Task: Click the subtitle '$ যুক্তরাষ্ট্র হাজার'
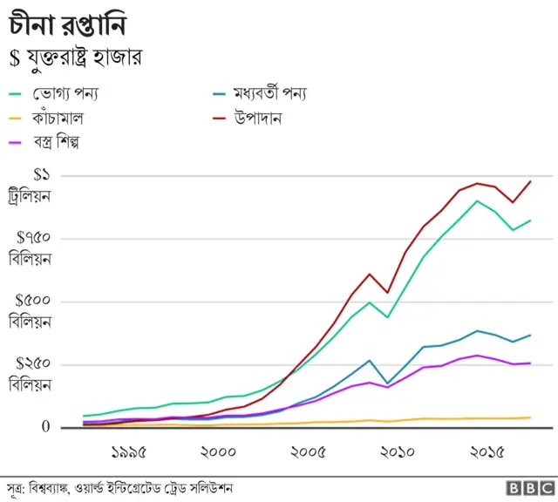(75, 58)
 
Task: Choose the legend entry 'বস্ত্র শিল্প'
(65, 140)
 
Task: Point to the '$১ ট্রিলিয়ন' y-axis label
(29, 186)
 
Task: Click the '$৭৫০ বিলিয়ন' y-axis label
(29, 248)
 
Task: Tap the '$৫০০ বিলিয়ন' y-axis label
(29, 311)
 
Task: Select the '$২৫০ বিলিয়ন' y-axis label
(29, 374)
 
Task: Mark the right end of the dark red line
(530, 181)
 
